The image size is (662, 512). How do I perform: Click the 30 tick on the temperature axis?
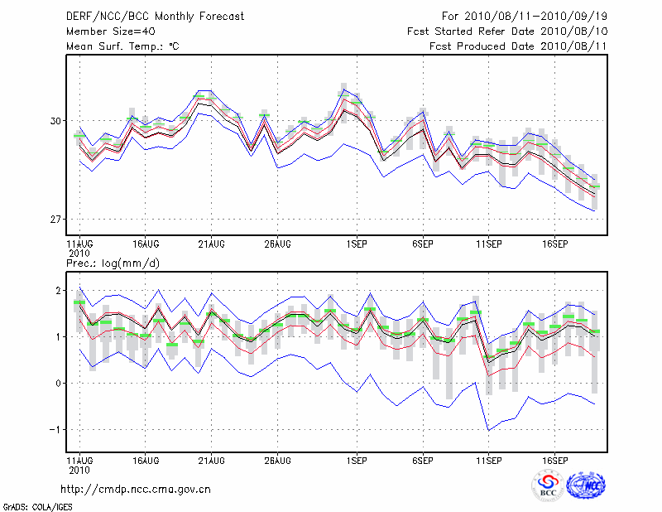click(55, 121)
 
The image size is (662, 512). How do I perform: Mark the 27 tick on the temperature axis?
click(55, 220)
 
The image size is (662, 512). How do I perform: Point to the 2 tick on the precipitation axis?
click(59, 291)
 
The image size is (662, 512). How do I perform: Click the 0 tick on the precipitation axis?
click(59, 384)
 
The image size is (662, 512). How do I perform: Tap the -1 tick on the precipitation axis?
click(55, 430)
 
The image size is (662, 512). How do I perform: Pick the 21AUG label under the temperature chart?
click(211, 244)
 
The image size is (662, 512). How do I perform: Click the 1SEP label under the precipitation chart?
click(357, 459)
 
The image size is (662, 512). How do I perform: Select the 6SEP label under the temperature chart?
click(423, 244)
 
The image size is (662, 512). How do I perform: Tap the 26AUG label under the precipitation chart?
click(277, 459)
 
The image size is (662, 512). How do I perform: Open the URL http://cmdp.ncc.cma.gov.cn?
click(136, 489)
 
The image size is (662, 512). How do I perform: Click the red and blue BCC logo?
click(548, 485)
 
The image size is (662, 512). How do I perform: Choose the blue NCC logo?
click(586, 485)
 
